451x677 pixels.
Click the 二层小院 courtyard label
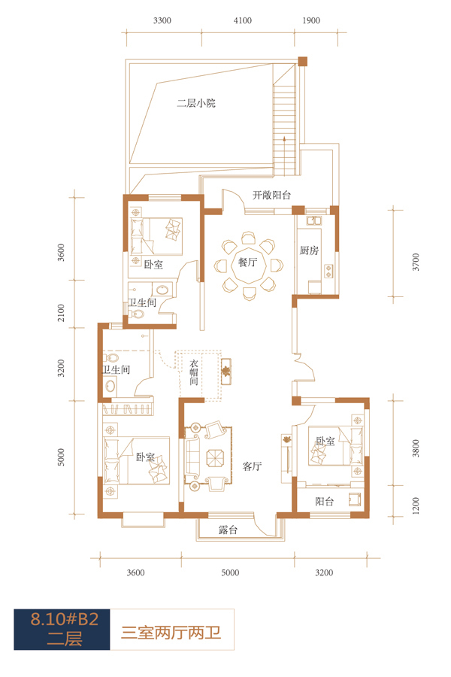(196, 103)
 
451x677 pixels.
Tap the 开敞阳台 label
(271, 195)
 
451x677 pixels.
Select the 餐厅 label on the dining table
(248, 262)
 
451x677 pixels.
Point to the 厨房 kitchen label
(309, 250)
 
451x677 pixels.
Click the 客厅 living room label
(252, 466)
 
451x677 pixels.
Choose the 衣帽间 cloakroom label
(194, 372)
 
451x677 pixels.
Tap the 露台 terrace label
(228, 530)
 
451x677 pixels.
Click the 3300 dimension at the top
(162, 20)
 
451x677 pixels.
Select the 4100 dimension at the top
(243, 20)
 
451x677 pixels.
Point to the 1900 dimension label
(311, 20)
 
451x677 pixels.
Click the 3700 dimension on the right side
(416, 262)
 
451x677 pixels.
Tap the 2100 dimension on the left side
(61, 313)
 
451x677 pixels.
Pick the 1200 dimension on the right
(416, 505)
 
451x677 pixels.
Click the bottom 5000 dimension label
(230, 572)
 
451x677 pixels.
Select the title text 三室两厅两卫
(171, 633)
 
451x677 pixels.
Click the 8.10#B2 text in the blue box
(65, 619)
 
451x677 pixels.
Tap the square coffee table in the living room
(215, 458)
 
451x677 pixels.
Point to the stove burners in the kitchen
(329, 271)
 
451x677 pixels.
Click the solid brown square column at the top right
(303, 62)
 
